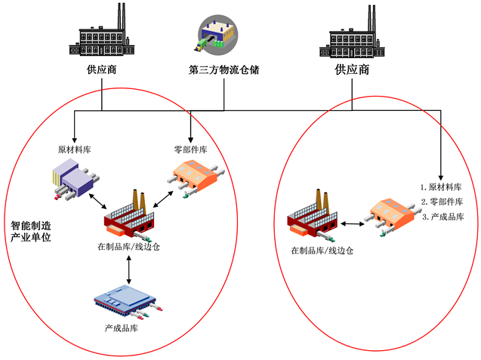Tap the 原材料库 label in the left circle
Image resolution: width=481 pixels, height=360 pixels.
click(74, 149)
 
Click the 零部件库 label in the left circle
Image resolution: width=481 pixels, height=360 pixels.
click(190, 149)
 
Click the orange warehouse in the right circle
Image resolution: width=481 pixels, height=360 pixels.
click(391, 214)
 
